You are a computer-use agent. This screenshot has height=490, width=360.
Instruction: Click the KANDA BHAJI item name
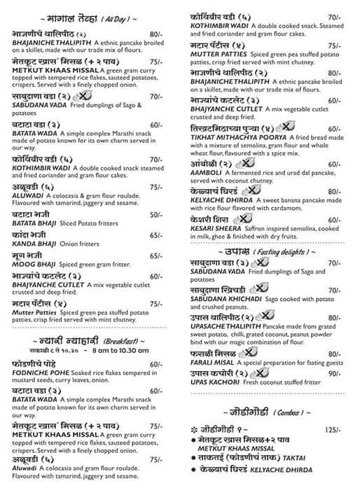[31, 244]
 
